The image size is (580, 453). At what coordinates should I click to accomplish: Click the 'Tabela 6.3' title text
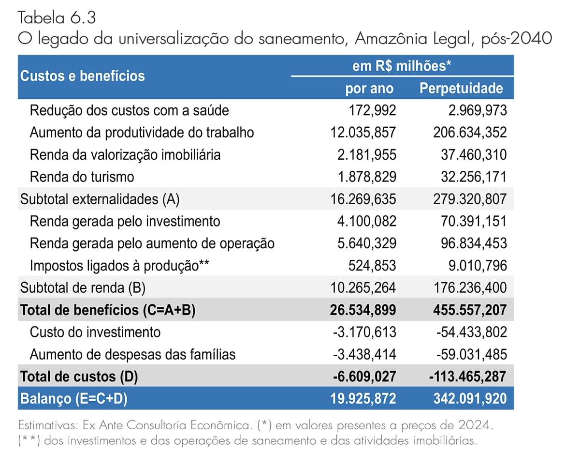(x=57, y=18)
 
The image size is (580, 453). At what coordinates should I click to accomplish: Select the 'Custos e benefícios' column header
(x=83, y=76)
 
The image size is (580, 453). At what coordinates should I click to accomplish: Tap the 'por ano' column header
(x=369, y=89)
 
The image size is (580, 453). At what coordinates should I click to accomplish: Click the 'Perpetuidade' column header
(x=461, y=88)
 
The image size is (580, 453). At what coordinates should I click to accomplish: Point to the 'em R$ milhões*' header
(x=402, y=66)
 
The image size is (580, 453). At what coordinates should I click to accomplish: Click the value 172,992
(x=372, y=110)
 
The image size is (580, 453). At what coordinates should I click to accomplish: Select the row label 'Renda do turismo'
(x=82, y=177)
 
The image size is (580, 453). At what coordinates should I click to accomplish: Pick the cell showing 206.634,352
(x=470, y=133)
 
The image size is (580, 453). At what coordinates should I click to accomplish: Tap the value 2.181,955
(x=366, y=155)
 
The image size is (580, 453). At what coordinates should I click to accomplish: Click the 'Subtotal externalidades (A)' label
(x=100, y=199)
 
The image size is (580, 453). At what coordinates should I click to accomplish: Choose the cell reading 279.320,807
(x=470, y=199)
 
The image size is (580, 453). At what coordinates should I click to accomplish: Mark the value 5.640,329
(x=367, y=243)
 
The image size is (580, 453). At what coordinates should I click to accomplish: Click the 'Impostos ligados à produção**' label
(x=119, y=266)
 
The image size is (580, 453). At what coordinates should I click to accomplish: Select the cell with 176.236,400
(x=470, y=288)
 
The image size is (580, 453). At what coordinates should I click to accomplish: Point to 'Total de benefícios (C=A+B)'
(x=108, y=310)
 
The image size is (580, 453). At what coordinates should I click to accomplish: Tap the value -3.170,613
(x=364, y=332)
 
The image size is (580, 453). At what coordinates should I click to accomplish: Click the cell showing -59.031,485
(x=472, y=354)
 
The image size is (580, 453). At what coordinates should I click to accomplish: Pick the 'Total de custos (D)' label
(x=79, y=377)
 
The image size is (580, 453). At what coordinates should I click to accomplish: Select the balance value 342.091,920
(x=470, y=399)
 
